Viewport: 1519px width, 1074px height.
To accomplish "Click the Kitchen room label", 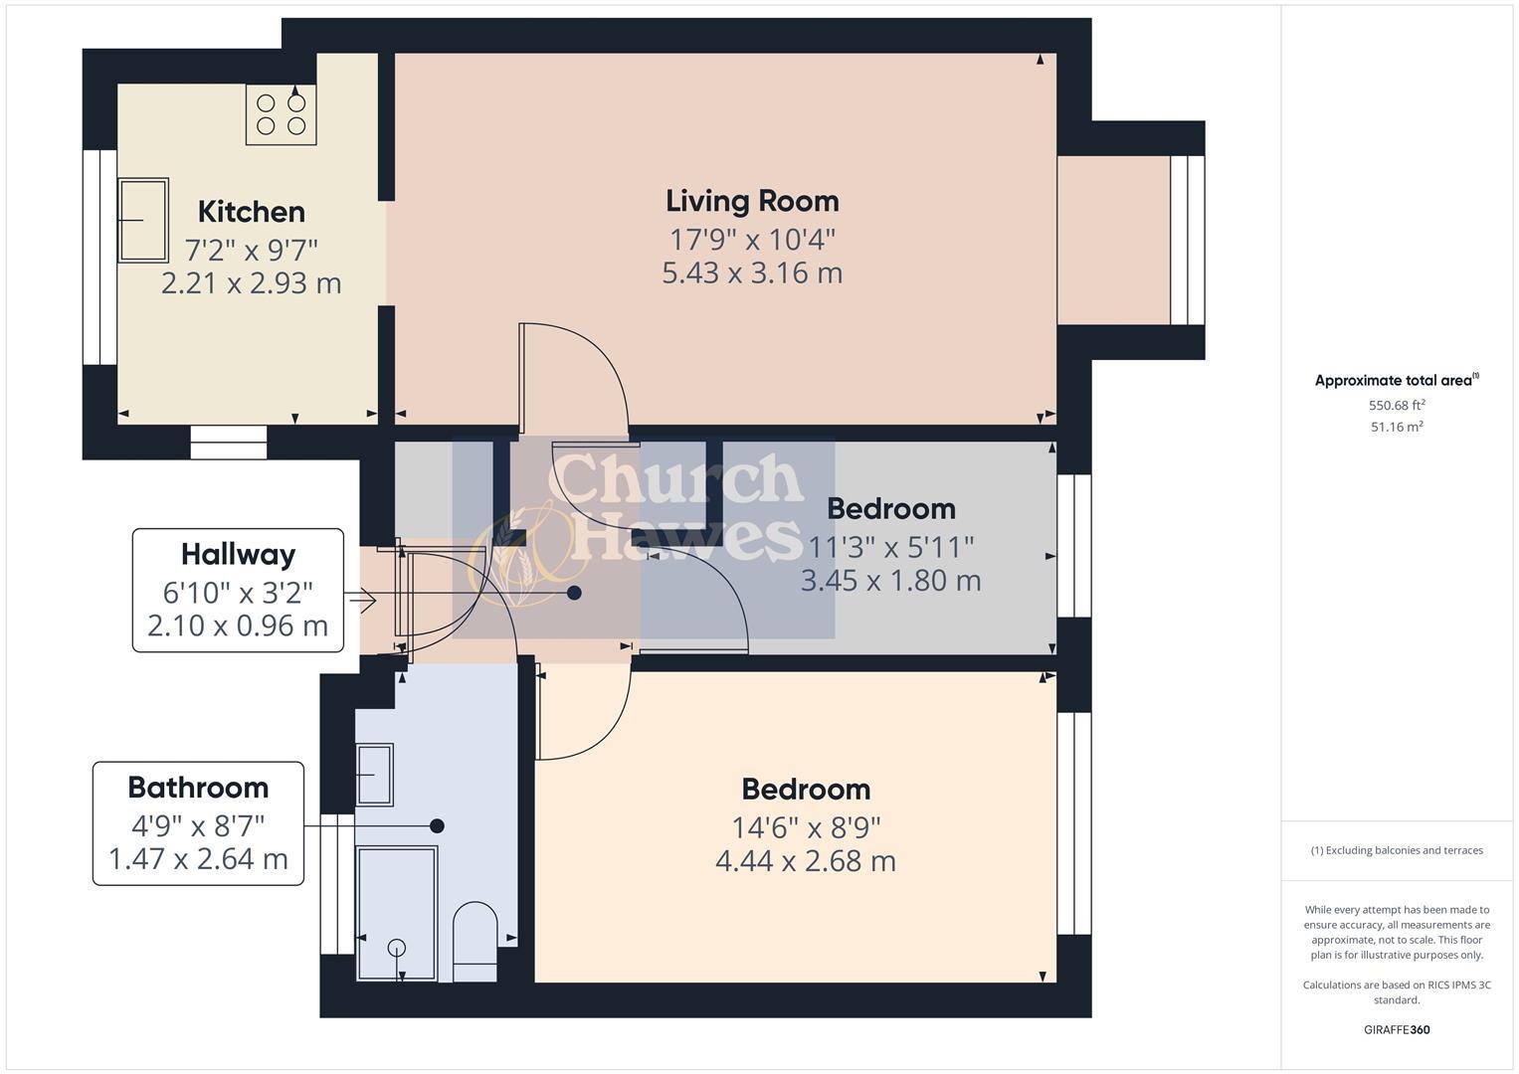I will pyautogui.click(x=251, y=212).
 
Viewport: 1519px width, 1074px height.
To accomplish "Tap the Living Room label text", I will pyautogui.click(x=752, y=201).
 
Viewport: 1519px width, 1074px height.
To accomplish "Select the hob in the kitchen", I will pyautogui.click(x=282, y=114).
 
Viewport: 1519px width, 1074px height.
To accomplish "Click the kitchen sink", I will pyautogui.click(x=143, y=220).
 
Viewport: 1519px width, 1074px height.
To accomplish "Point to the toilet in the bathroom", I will pyautogui.click(x=475, y=940).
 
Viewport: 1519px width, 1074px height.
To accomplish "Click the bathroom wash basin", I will pyautogui.click(x=374, y=774).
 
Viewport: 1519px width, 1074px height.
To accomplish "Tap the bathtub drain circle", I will pyautogui.click(x=397, y=947).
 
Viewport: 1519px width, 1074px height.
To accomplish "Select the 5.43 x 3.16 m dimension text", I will pyautogui.click(x=752, y=272).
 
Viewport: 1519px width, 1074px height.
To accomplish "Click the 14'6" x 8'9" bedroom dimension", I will pyautogui.click(x=806, y=826).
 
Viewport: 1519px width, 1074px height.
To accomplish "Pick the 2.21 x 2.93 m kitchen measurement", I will pyautogui.click(x=251, y=283).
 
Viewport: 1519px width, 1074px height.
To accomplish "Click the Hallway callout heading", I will pyautogui.click(x=238, y=554).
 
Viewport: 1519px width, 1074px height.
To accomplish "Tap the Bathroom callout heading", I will pyautogui.click(x=198, y=788).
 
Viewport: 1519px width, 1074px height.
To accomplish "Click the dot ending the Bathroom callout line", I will pyautogui.click(x=437, y=825).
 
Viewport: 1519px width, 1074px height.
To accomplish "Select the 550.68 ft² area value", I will pyautogui.click(x=1397, y=405).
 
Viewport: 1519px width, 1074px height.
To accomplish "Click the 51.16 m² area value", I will pyautogui.click(x=1397, y=427).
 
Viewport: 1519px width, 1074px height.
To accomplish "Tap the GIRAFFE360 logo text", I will pyautogui.click(x=1397, y=1029).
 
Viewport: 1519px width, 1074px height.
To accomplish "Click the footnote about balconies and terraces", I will pyautogui.click(x=1397, y=850).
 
